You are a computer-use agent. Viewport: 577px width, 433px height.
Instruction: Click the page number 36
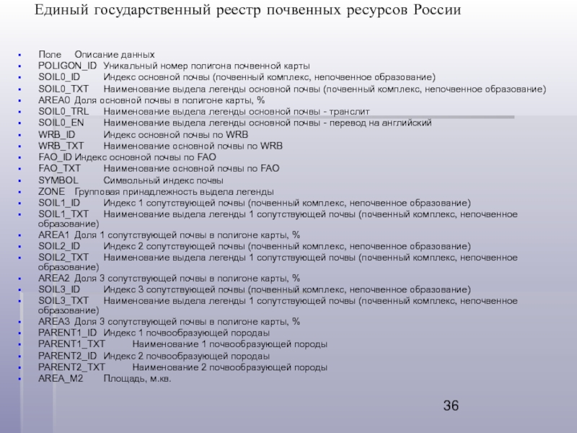[451, 406]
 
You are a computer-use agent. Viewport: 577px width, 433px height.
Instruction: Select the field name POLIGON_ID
[67, 66]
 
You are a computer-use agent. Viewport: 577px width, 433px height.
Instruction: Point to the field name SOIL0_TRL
[63, 112]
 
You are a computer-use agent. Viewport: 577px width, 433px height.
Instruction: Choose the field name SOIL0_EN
[61, 123]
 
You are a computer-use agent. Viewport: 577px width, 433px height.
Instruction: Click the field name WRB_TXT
[61, 146]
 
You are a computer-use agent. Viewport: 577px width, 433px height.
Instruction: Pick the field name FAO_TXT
[60, 168]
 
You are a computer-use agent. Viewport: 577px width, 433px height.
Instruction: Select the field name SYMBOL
[58, 180]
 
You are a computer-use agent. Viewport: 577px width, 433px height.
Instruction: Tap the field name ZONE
[51, 191]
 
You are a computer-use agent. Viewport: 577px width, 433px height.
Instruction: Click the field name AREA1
[54, 235]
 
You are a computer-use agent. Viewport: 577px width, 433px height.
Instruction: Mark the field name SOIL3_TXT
[63, 300]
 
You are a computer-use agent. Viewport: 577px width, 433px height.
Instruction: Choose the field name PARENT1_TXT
[71, 344]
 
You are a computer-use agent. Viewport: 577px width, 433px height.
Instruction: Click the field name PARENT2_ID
[67, 356]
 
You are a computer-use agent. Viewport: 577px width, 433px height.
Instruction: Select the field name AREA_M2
[61, 377]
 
